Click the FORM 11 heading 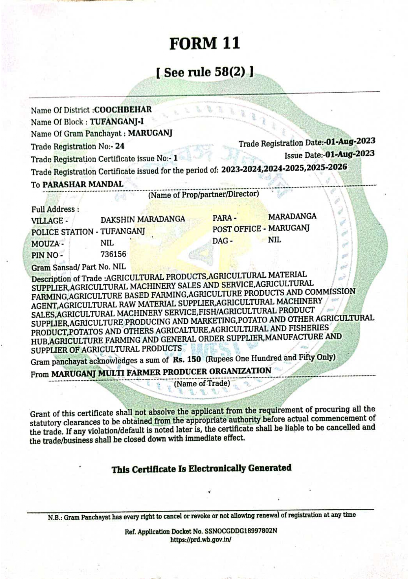204,44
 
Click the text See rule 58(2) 205,72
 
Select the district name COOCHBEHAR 123,109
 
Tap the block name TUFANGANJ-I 117,121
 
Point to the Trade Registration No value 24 120,146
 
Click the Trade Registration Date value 351,141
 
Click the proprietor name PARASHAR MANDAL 83,184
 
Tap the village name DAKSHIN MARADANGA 143,219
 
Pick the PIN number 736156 113,254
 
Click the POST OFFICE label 237,229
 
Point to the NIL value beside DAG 274,240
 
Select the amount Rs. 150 187,359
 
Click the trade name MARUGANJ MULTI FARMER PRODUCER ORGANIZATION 161,372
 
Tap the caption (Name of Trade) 202,383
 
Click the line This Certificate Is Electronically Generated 201,468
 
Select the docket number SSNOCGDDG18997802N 241,531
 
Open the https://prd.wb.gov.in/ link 201,540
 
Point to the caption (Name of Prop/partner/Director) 204,194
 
